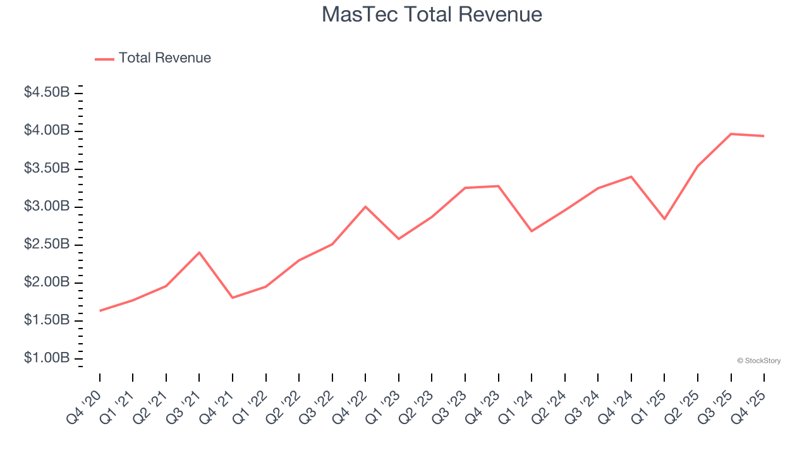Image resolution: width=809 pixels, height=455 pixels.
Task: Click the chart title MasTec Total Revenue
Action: (x=432, y=15)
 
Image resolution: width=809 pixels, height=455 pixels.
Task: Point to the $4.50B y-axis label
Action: (x=47, y=92)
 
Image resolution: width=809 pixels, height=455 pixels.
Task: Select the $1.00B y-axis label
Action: (x=47, y=358)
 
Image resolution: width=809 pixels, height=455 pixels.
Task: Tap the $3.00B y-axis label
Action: (x=47, y=206)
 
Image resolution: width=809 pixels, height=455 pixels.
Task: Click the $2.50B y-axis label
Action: (x=47, y=244)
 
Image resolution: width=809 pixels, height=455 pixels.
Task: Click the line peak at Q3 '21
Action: (x=199, y=253)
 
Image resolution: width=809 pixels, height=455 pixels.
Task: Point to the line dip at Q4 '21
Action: (x=233, y=298)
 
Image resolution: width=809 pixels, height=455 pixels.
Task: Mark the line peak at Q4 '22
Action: (x=365, y=207)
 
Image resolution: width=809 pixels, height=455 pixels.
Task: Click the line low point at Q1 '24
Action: (x=532, y=231)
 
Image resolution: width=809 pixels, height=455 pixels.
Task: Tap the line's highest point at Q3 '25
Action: (x=731, y=134)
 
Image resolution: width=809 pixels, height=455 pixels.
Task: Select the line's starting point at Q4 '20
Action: (x=100, y=311)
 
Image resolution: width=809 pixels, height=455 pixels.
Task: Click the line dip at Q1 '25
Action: (x=664, y=219)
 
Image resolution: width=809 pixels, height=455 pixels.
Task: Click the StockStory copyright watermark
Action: (x=758, y=361)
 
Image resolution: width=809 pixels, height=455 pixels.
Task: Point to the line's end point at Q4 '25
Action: (x=763, y=136)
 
